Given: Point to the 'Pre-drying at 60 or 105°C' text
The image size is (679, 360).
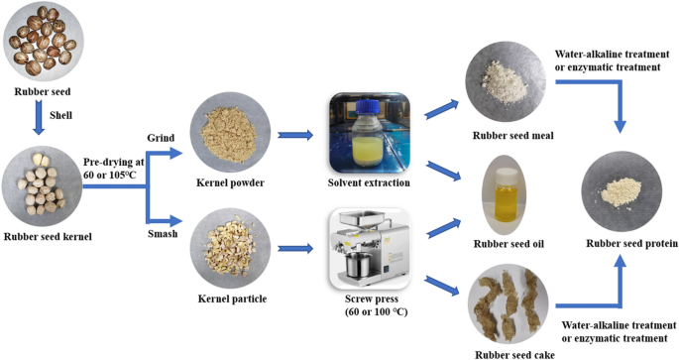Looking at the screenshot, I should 113,169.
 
